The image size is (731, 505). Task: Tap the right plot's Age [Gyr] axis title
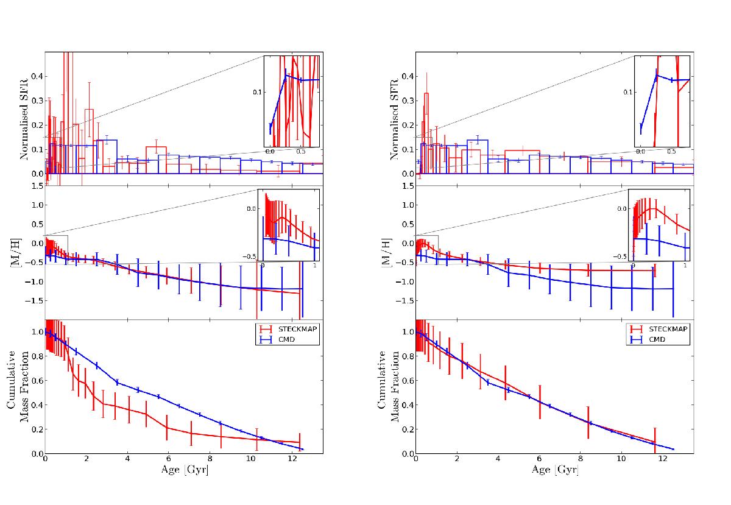[x=554, y=470]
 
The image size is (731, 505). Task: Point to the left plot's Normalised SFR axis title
[x=25, y=119]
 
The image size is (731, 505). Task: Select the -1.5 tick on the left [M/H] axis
[x=34, y=300]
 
